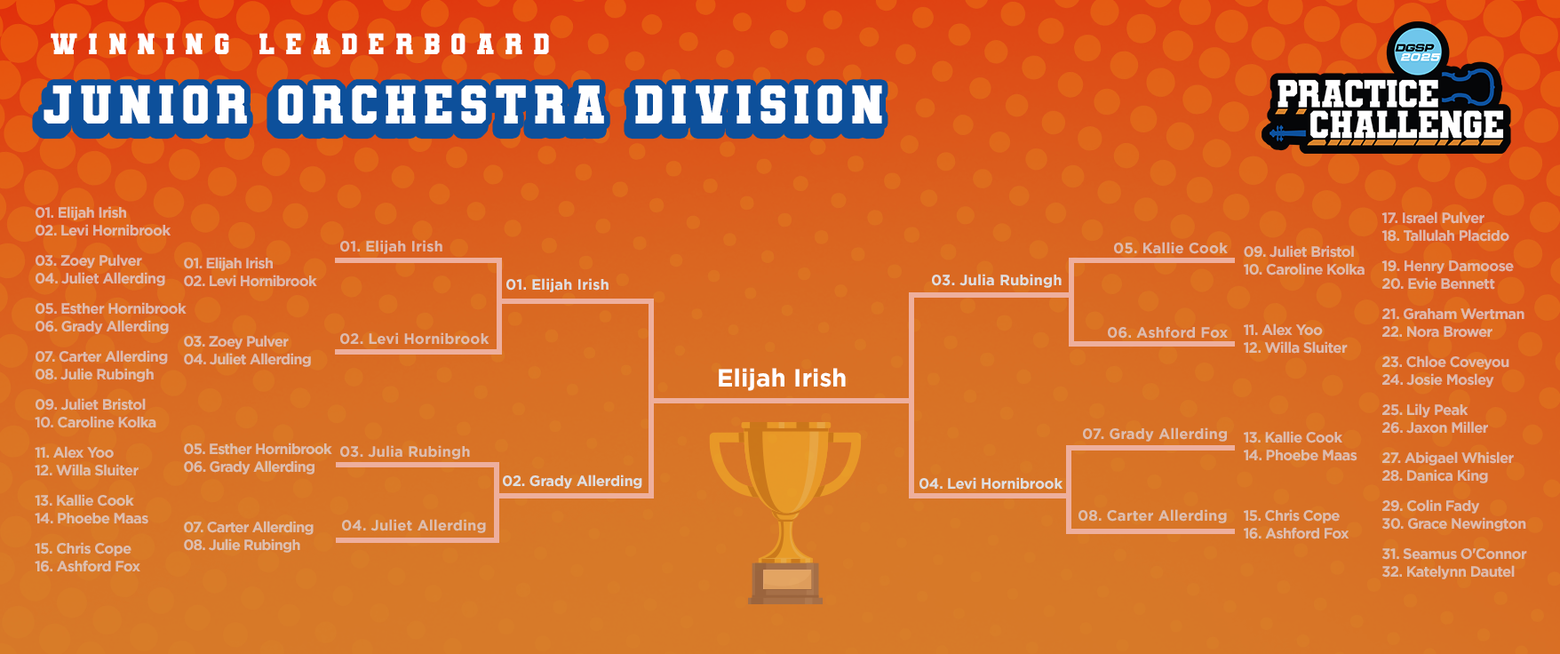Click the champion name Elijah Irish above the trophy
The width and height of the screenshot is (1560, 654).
(x=782, y=379)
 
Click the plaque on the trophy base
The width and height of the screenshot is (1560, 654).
(x=786, y=580)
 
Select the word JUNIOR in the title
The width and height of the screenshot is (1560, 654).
(x=147, y=105)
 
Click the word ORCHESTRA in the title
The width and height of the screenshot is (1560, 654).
(x=440, y=105)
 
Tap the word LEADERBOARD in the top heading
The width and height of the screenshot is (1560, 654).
(x=405, y=44)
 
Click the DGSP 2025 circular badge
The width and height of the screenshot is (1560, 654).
(x=1418, y=52)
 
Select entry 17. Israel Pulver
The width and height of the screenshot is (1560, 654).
(x=1433, y=218)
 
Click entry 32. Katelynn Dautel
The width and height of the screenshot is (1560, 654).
(x=1448, y=571)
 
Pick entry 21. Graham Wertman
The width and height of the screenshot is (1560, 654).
(x=1453, y=314)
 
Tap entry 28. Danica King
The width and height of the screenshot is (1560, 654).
(x=1435, y=475)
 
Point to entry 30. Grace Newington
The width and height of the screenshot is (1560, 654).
(x=1454, y=523)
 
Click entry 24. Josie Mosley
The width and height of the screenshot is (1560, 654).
(x=1437, y=379)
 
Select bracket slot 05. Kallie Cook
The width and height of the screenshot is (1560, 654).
(x=1171, y=248)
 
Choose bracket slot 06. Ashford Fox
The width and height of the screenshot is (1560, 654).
(x=1167, y=332)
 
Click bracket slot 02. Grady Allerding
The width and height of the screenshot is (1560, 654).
(x=572, y=481)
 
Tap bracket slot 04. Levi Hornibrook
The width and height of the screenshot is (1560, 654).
(x=991, y=483)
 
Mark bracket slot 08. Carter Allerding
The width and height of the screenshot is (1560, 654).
(x=1152, y=515)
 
